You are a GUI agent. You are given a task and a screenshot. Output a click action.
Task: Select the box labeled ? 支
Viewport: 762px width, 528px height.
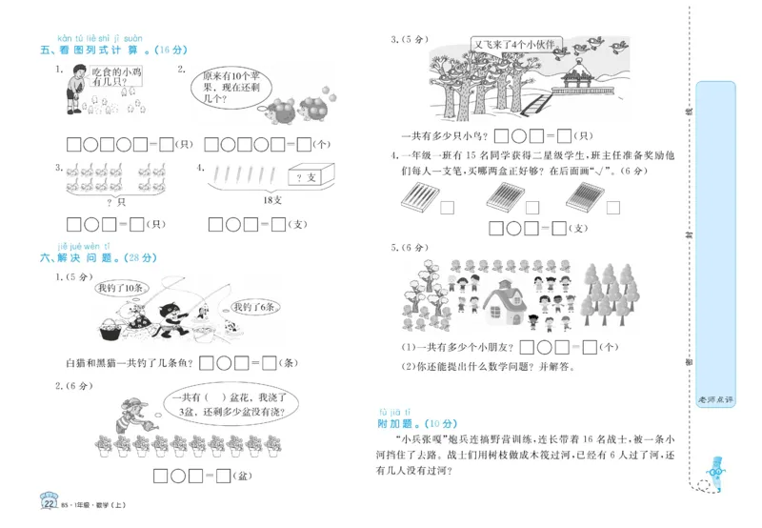306,177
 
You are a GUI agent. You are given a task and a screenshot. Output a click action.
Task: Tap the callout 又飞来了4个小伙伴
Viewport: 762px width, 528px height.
519,45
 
